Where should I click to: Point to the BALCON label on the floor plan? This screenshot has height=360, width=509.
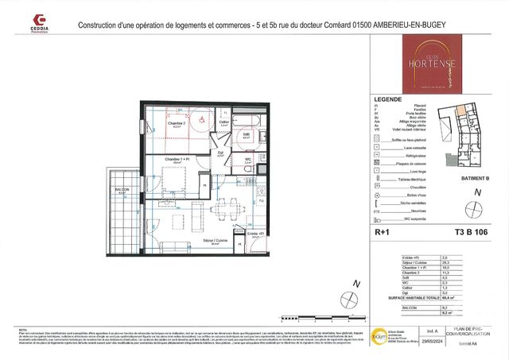pos(122,189)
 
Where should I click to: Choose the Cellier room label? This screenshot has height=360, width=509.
pos(224,122)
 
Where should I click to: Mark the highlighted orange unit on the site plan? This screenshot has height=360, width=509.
pos(460,114)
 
